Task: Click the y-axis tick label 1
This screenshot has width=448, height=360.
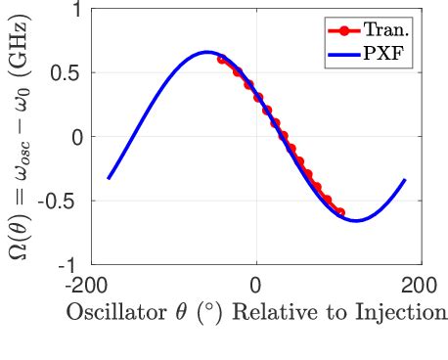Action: coord(75,11)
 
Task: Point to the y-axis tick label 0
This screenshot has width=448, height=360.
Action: coord(75,137)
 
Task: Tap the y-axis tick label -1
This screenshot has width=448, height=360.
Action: coord(71,264)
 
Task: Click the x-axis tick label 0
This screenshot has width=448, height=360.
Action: coord(256,285)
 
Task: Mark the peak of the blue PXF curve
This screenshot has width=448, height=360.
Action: coord(206,53)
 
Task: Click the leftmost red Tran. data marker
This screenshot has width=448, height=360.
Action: coord(222,59)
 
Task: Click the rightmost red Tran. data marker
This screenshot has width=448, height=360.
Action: coord(340,211)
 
